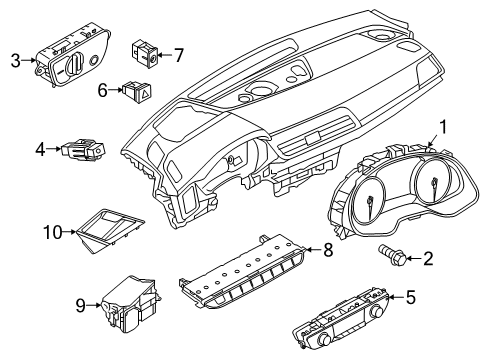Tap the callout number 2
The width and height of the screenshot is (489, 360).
[x=429, y=260]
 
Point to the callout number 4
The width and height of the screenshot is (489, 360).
[x=39, y=150]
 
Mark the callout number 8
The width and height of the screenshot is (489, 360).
[x=329, y=251]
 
